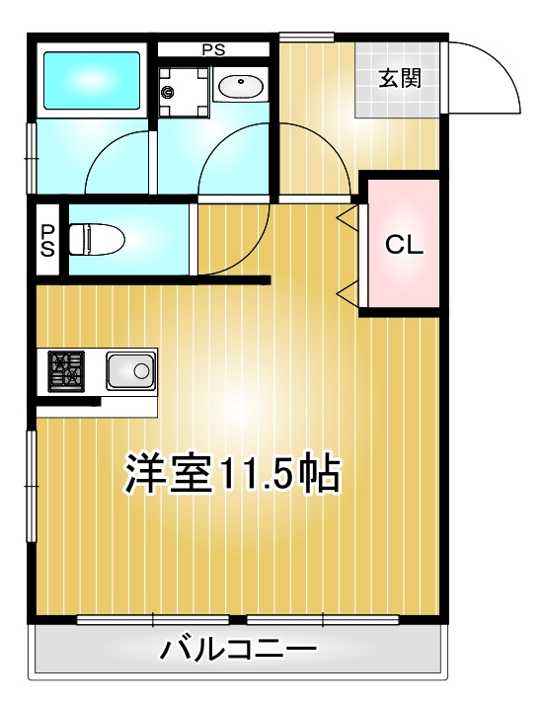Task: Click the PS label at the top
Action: pyautogui.click(x=213, y=48)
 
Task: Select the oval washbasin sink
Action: pyautogui.click(x=238, y=88)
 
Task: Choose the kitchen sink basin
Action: pyautogui.click(x=129, y=371)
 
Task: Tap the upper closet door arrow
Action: pyautogui.click(x=348, y=216)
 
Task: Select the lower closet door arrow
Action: pyautogui.click(x=348, y=291)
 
